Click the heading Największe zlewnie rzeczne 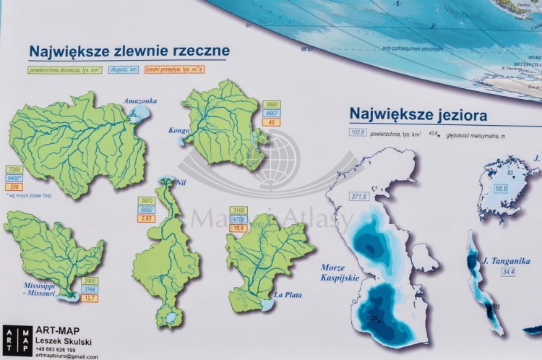click(x=129, y=51)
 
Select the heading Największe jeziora click(x=418, y=114)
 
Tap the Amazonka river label click(x=140, y=101)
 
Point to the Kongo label click(x=178, y=131)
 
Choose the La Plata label click(x=288, y=295)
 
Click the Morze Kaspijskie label click(x=340, y=273)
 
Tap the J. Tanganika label click(x=507, y=261)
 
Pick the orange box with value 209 click(x=14, y=187)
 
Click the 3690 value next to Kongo click(x=272, y=105)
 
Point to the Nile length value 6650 click(x=147, y=209)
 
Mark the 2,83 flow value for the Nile click(x=147, y=218)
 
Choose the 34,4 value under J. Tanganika click(x=508, y=272)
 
